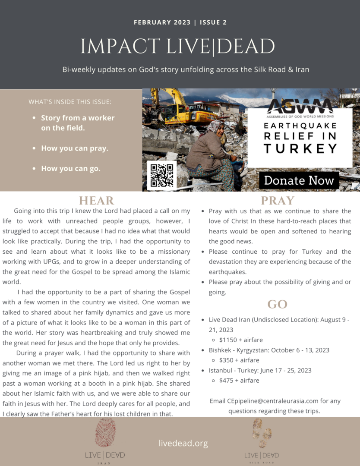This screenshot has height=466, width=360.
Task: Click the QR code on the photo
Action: click(161, 175)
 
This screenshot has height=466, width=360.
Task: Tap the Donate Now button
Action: click(299, 180)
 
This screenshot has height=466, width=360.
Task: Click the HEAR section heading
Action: click(96, 201)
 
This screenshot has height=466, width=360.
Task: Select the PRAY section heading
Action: click(277, 201)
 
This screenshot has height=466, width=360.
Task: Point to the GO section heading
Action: click(277, 304)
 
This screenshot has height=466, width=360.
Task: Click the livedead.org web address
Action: click(183, 443)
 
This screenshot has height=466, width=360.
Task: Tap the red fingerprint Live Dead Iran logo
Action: click(105, 431)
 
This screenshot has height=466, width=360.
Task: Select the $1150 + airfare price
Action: click(241, 340)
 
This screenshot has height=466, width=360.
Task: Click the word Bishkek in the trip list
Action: click(221, 350)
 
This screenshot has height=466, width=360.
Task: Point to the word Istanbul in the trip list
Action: click(221, 370)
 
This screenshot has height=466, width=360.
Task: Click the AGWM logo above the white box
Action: click(300, 106)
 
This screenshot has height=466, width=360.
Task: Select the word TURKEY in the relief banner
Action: click(300, 148)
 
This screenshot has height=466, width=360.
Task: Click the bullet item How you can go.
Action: click(70, 168)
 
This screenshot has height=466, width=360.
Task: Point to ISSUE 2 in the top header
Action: click(213, 22)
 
